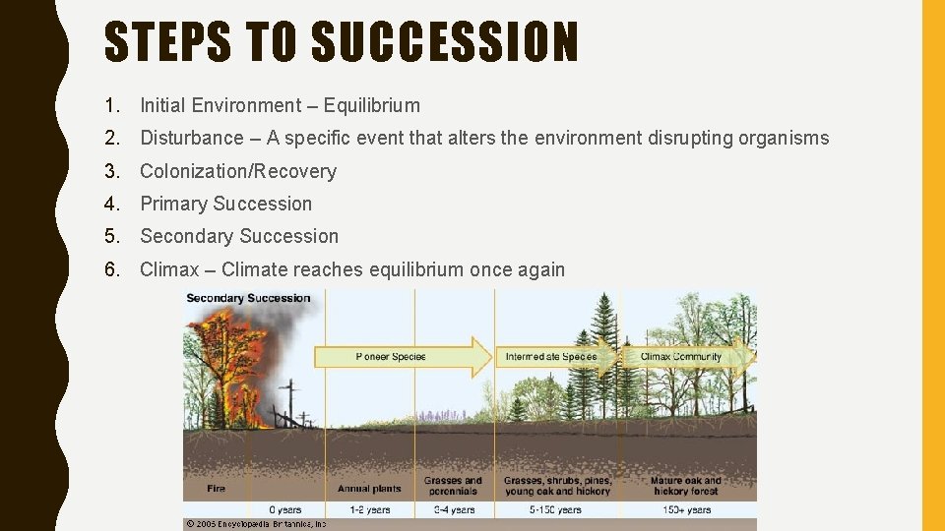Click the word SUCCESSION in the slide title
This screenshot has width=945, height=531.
pos(444,42)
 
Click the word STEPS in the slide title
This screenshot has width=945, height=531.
pos(167,42)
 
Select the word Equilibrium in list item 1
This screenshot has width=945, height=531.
pos(372,105)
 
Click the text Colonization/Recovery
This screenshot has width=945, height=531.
pos(238,171)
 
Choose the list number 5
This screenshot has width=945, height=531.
pos(112,236)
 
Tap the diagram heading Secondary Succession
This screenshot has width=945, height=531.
pos(248,298)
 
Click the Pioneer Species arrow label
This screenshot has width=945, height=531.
pos(391,356)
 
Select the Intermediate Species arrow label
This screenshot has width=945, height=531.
pos(550,356)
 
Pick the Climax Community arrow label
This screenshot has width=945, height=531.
pos(681,356)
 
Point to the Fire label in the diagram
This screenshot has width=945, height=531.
pos(217,488)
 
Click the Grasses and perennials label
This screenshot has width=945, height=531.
pos(453,486)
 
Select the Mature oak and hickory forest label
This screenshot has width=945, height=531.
pos(685,486)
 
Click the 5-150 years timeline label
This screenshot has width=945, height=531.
pos(556,509)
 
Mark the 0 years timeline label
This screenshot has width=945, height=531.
pos(284,509)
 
